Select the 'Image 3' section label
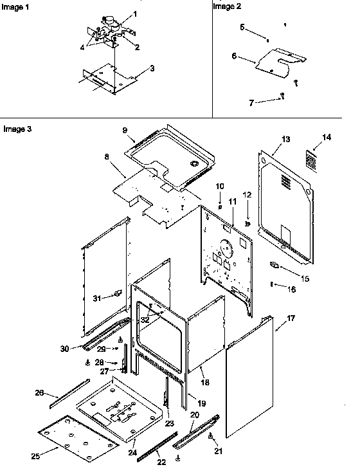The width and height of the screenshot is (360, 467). (x=15, y=129)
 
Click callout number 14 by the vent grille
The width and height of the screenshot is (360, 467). (x=327, y=137)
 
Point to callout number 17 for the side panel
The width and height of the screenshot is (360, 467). (x=291, y=318)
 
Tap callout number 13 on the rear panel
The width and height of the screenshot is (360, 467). (x=285, y=139)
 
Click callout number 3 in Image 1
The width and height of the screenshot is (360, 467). (x=152, y=68)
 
